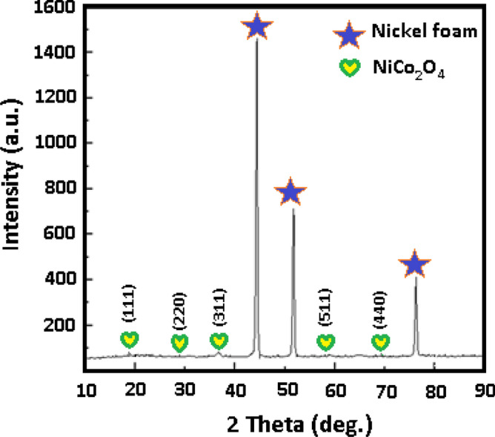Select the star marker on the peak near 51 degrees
[290, 193]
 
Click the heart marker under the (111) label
[130, 340]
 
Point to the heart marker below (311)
[219, 341]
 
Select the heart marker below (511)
[325, 342]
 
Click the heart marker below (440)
[381, 342]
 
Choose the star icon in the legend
[350, 35]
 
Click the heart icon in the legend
[350, 68]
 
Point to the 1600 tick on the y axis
[57, 7]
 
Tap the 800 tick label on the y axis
[62, 188]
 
